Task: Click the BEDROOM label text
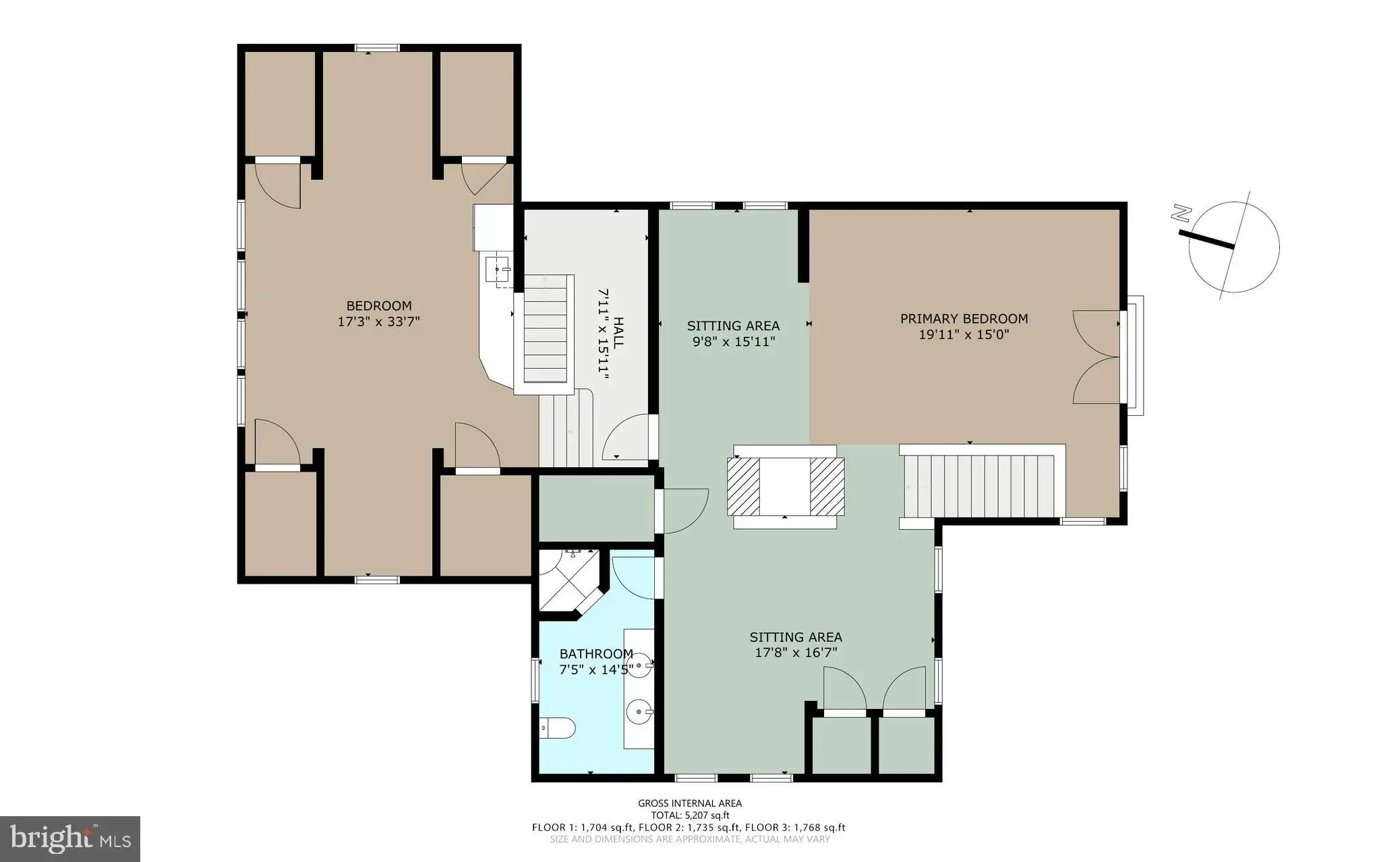(378, 306)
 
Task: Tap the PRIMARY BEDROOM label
(964, 319)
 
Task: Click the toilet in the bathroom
(558, 728)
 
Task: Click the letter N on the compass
(1180, 214)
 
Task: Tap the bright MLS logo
(70, 839)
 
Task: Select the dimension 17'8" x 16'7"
(796, 652)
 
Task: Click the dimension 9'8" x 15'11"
(734, 342)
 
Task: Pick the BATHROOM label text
(596, 654)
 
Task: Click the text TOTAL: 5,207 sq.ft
(690, 815)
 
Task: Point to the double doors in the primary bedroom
(1096, 357)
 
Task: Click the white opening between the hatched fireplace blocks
(785, 485)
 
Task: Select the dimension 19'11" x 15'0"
(964, 335)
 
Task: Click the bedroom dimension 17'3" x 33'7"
(378, 322)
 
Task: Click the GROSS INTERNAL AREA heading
(690, 803)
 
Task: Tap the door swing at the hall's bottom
(628, 437)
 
